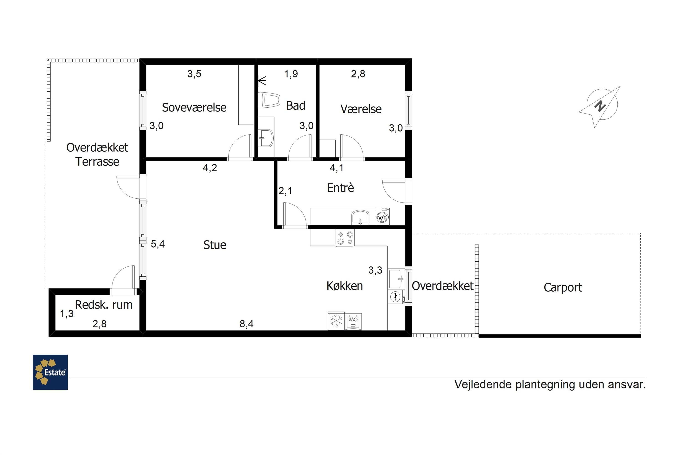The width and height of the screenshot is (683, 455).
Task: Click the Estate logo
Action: [50, 372]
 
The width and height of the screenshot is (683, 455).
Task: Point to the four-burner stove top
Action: [345, 238]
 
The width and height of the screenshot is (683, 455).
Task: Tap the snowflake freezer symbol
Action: [336, 321]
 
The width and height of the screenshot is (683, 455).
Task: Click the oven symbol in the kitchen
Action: [353, 321]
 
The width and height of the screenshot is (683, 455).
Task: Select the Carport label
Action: [563, 288]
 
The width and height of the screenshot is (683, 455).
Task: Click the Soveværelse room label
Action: [194, 107]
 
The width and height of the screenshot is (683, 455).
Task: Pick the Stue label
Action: [215, 245]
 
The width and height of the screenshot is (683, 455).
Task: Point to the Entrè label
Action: [340, 187]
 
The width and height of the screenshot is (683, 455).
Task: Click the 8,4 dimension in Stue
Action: [247, 324]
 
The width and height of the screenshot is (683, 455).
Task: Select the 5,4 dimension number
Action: [158, 244]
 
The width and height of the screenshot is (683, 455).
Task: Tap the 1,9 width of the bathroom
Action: [291, 74]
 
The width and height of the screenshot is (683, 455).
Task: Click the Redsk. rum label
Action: [104, 305]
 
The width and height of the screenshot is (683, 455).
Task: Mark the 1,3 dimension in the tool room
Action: [67, 314]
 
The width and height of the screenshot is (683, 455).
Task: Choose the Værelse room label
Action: [361, 109]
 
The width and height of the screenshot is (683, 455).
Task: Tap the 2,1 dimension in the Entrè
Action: [285, 191]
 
